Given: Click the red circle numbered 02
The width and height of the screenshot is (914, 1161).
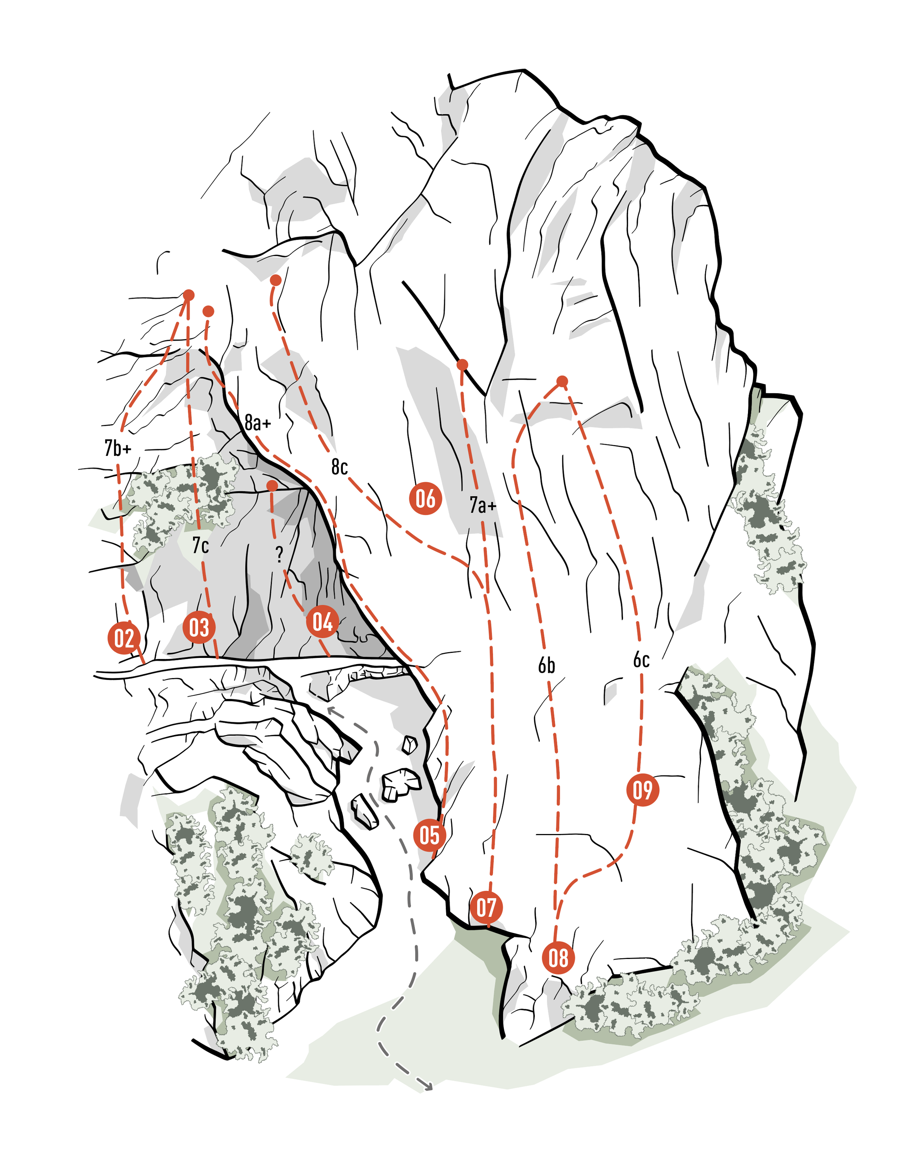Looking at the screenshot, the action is tap(124, 638).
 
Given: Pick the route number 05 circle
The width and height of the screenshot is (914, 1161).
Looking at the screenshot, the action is tap(430, 835).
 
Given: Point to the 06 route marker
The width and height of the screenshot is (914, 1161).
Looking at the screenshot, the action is tap(425, 498).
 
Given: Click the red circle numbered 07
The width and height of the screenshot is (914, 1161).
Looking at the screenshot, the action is tap(486, 907).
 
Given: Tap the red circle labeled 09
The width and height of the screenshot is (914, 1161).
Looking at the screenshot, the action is tap(643, 789).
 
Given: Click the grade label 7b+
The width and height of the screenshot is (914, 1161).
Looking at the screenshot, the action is tap(118, 447).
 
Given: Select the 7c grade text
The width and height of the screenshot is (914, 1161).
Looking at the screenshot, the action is tap(201, 545).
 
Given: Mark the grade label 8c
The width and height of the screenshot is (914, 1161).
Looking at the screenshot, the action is tap(339, 467).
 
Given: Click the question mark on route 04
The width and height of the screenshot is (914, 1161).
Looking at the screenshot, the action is tap(279, 555).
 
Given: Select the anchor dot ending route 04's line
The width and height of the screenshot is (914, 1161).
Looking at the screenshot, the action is tap(272, 485).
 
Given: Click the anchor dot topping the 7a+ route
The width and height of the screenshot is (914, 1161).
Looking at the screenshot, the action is tap(463, 365).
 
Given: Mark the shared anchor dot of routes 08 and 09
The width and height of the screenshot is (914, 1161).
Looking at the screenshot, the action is tap(562, 381).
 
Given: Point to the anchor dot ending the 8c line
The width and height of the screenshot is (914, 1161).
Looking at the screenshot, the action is tap(276, 280).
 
